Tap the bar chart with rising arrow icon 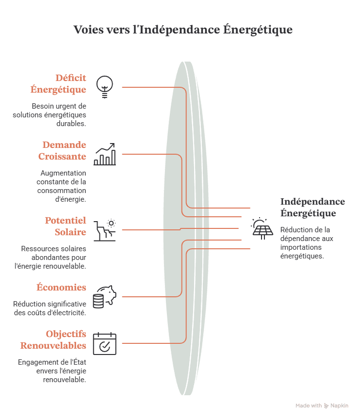[x=105, y=154]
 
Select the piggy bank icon [x=105, y=297]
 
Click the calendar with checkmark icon [x=105, y=344]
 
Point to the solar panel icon [x=262, y=228]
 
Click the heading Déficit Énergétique [x=58, y=83]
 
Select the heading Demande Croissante [x=62, y=150]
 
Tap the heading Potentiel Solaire [x=65, y=226]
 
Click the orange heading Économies [x=62, y=287]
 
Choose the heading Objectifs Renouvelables [x=53, y=339]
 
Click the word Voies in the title [x=88, y=30]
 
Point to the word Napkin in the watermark [x=340, y=405]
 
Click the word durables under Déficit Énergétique [x=71, y=124]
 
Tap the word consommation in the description [x=62, y=191]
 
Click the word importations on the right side [x=301, y=247]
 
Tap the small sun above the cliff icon [x=111, y=223]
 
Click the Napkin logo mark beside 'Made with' [x=327, y=406]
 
